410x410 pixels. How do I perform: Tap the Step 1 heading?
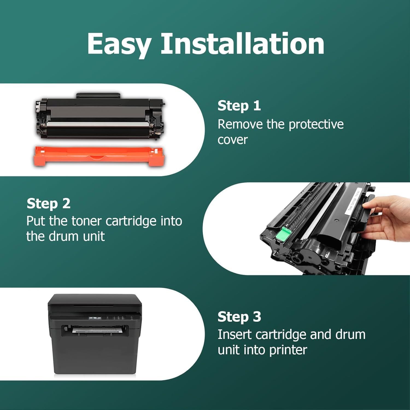click(239, 106)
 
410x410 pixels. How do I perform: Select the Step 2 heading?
click(48, 203)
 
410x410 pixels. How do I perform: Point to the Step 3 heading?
click(239, 317)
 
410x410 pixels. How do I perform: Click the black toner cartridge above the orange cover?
click(100, 116)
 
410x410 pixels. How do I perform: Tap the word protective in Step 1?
click(316, 125)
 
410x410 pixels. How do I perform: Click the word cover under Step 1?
click(233, 140)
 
